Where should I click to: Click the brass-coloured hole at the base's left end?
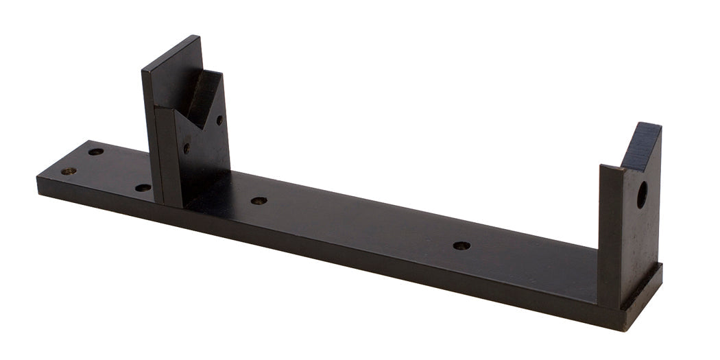[68, 171]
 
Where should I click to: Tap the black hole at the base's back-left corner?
[96, 152]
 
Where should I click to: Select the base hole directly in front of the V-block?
[143, 187]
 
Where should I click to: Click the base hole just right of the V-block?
[259, 201]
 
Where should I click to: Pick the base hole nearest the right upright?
[461, 245]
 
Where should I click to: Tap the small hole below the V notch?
[186, 147]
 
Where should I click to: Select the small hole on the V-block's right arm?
[219, 120]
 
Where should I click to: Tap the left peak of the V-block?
[159, 107]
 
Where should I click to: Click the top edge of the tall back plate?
[171, 51]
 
